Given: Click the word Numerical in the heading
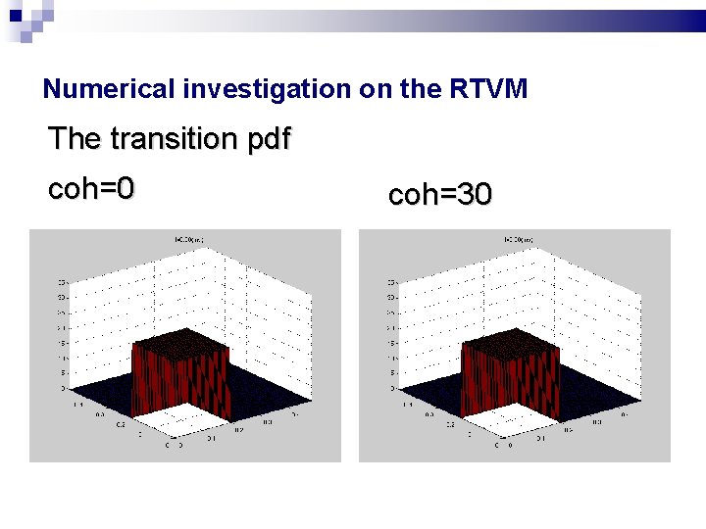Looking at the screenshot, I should coord(110,89).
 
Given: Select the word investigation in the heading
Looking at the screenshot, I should coord(267,89).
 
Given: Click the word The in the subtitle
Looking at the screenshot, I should coord(75,139).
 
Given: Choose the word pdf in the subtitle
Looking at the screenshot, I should coord(268,139).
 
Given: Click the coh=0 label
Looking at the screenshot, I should coord(90,188).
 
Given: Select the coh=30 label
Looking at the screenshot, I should coord(440,195).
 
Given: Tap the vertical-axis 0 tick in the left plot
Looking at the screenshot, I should coord(64,388).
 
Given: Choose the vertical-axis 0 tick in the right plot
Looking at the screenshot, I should coord(393,388).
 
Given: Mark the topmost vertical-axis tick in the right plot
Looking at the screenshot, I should coord(392,282).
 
